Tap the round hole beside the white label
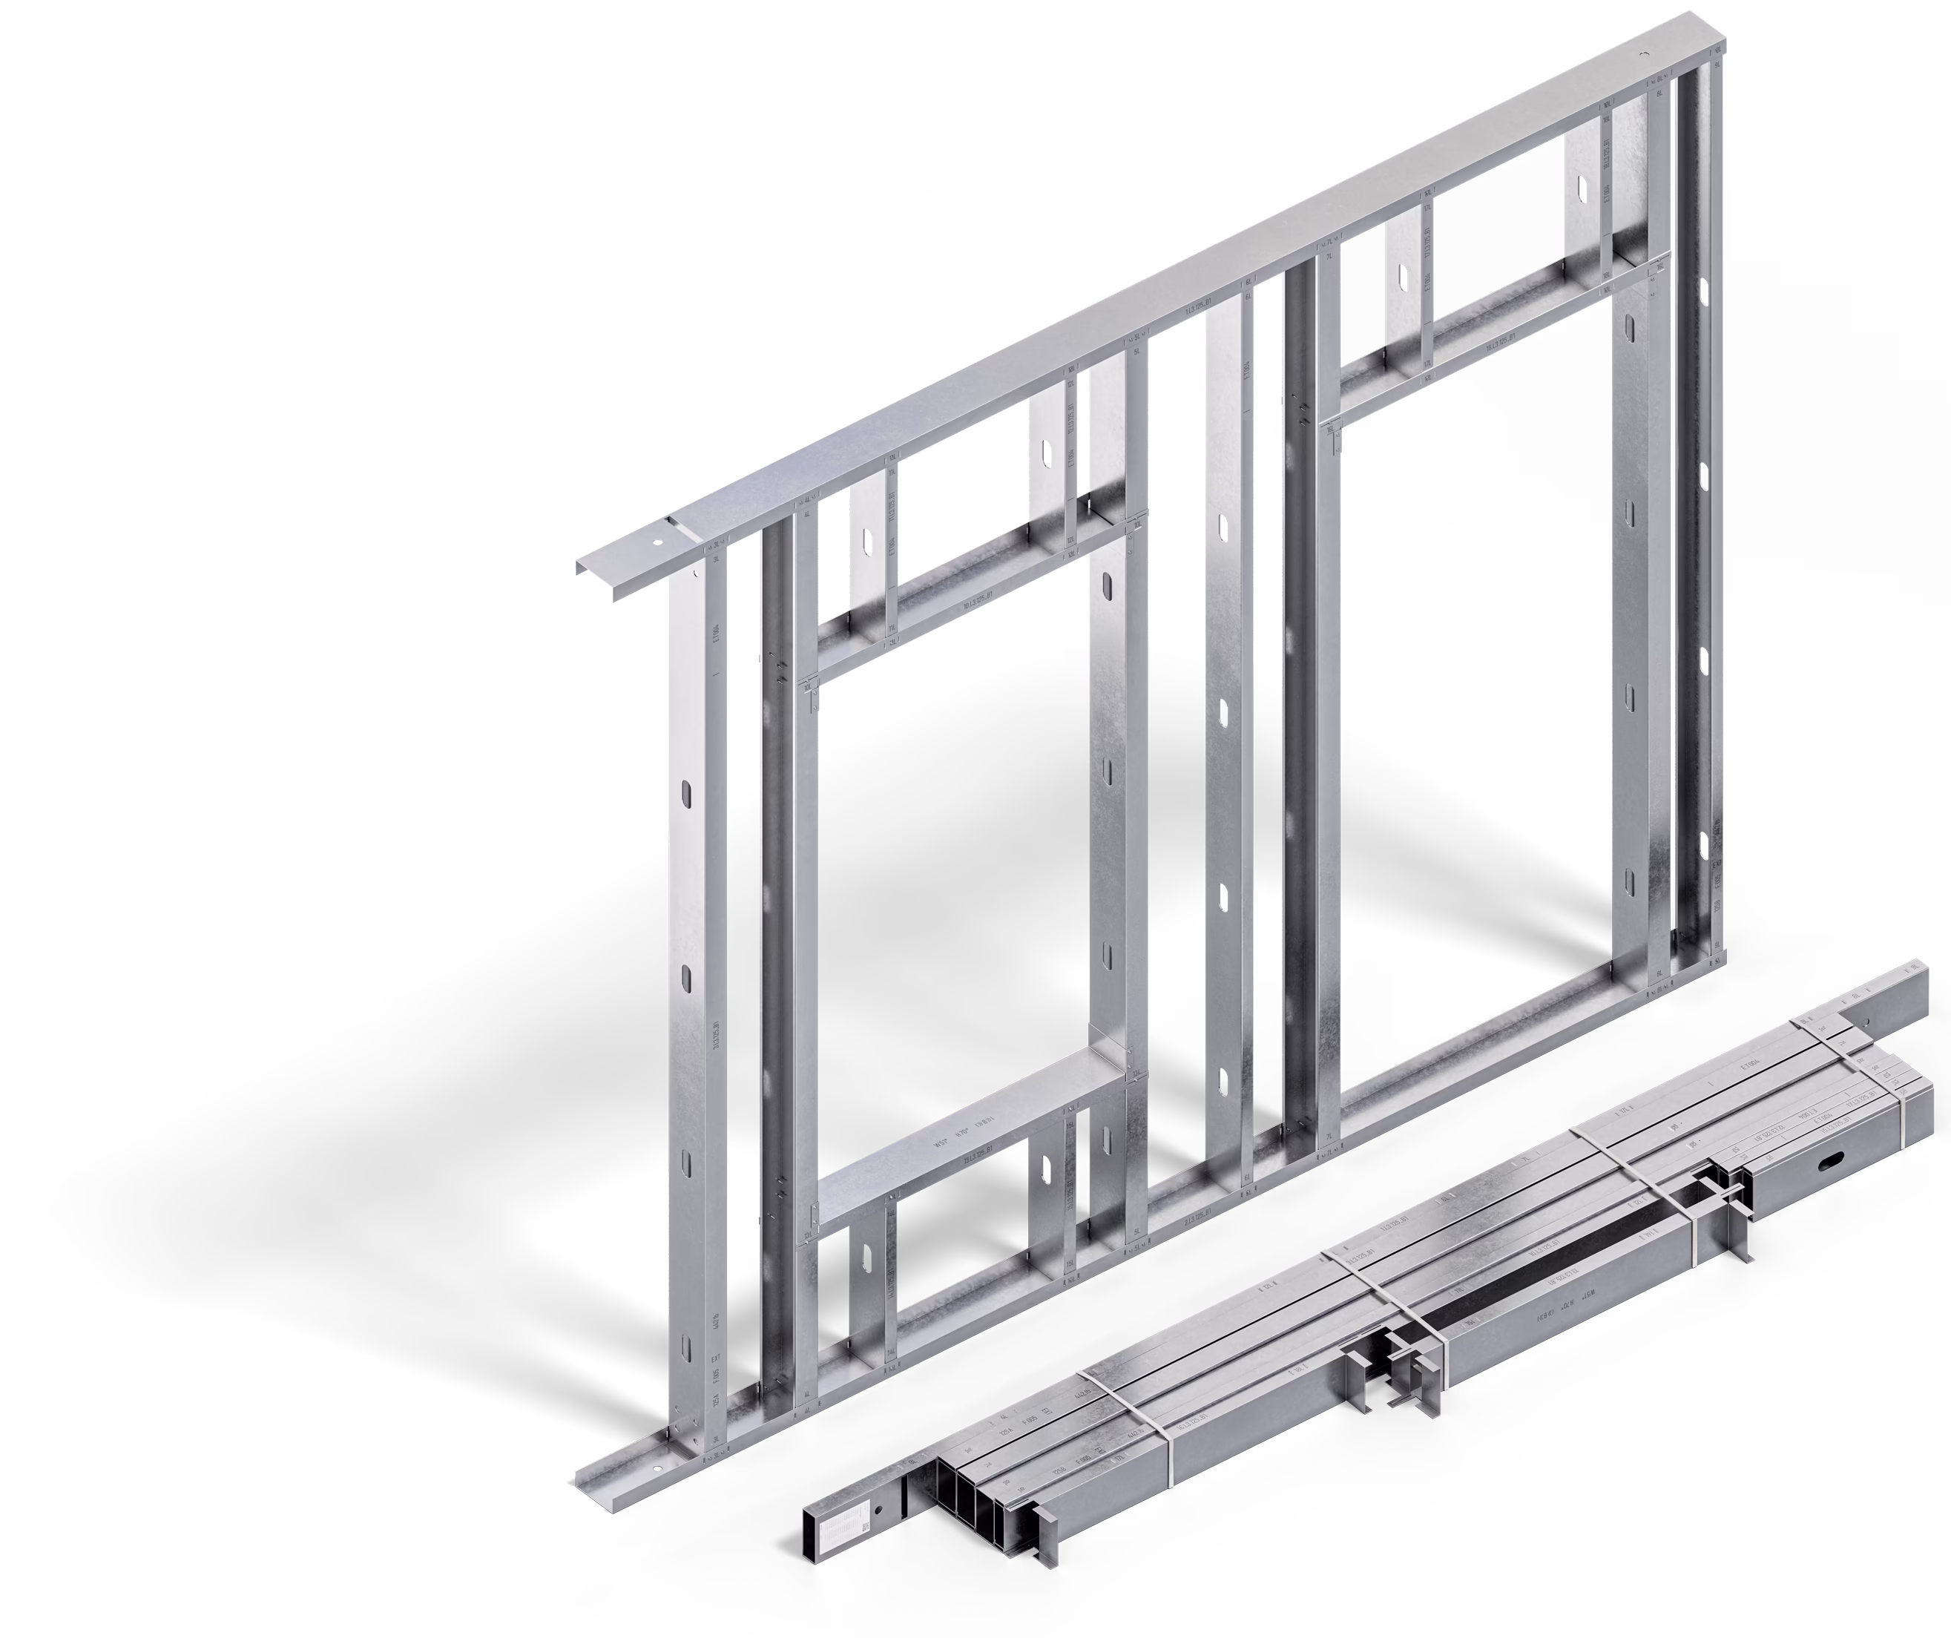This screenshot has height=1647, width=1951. point(878,1510)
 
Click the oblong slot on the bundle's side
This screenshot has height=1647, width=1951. point(1829,1160)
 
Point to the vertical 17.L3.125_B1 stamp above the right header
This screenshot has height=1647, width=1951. point(1427,238)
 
